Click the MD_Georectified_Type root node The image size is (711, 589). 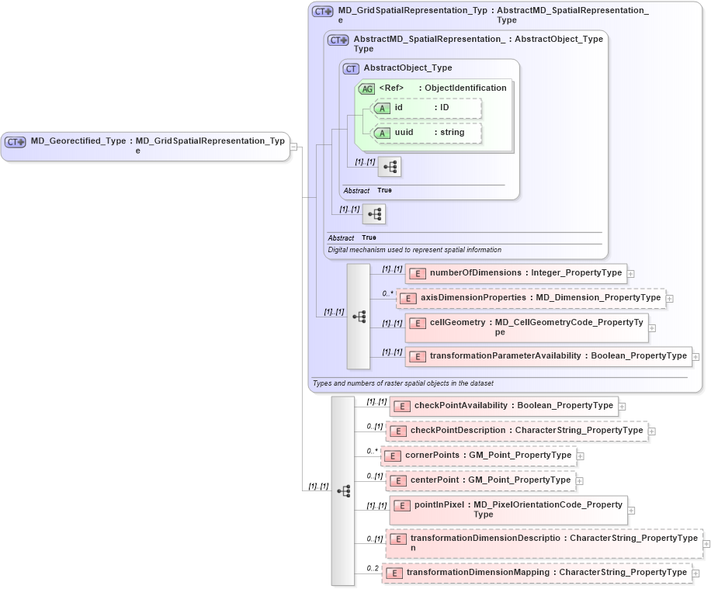coord(145,145)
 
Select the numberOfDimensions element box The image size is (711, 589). coord(515,273)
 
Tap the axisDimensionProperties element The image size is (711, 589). coord(531,298)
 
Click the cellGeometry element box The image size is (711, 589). coord(525,327)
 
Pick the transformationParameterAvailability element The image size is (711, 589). coord(548,356)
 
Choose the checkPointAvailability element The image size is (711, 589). coord(504,406)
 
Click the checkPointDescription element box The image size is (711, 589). coord(516,431)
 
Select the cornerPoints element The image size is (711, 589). coord(478,456)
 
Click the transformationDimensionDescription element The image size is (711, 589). coord(543,543)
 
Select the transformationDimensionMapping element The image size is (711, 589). coord(536,573)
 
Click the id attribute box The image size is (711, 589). coord(426,108)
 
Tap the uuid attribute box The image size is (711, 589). coord(426,133)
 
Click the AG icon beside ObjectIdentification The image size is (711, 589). coord(366,88)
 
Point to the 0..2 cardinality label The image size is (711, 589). coord(373,569)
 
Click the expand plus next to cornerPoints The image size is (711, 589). coord(580,456)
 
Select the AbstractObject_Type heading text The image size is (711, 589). coord(408,68)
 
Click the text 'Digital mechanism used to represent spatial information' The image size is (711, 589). coord(414,250)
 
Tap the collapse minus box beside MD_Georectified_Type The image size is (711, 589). coord(294,146)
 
